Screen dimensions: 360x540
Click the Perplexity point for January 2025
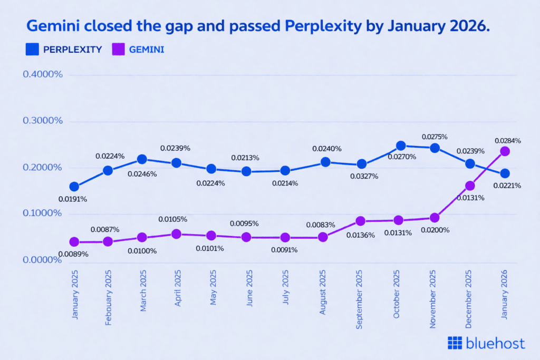tap(74, 187)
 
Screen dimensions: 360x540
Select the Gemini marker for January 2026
tap(505, 151)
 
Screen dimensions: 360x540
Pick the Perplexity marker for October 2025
tap(401, 145)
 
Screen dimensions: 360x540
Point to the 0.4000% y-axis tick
tap(43, 74)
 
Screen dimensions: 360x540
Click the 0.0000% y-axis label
tap(43, 260)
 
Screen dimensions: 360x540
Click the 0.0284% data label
tap(508, 141)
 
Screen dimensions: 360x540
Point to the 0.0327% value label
tap(364, 176)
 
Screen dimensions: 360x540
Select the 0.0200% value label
tap(435, 230)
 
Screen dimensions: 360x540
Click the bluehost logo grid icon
tap(455, 343)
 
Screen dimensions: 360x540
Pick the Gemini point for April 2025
tap(177, 234)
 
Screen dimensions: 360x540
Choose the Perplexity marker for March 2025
tap(142, 159)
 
